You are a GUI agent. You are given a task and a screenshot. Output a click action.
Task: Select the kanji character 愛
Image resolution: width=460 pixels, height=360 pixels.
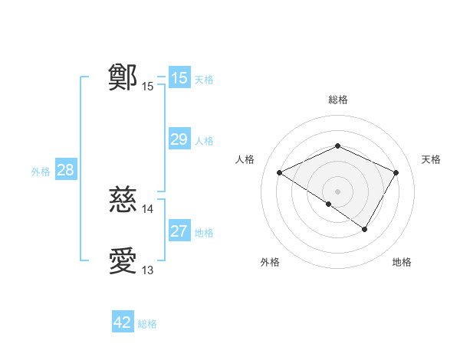pos(123,262)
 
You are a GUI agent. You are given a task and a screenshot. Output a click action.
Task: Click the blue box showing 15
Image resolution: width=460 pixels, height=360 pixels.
pos(179,78)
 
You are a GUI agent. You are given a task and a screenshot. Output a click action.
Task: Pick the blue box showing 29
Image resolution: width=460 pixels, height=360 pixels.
pos(179,139)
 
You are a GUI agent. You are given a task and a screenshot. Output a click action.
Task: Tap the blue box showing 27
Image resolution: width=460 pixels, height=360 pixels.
pos(179,231)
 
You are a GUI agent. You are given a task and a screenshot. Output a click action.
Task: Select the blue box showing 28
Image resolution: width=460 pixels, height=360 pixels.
pos(65,170)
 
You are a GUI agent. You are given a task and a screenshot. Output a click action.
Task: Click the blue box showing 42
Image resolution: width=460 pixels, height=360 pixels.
pos(123,322)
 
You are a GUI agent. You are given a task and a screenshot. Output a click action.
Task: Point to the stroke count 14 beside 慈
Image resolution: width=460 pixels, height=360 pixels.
pos(148,209)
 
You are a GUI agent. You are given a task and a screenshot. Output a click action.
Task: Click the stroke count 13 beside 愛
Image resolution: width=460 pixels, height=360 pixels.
pos(148,270)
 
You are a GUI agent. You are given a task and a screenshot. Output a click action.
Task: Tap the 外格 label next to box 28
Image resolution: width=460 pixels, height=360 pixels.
pos(41,172)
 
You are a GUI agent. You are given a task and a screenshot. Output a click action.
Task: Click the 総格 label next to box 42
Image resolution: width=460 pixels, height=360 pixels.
pos(147,324)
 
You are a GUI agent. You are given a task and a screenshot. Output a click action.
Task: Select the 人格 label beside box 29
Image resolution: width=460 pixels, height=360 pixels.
pos(204,141)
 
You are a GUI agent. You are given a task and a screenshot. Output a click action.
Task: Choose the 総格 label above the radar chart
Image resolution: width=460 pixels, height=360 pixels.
pos(337,100)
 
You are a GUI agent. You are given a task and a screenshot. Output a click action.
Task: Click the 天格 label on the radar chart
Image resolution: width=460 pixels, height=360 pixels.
pos(431,159)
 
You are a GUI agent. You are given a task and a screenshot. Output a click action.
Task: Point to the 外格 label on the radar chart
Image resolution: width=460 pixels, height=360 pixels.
pos(270,262)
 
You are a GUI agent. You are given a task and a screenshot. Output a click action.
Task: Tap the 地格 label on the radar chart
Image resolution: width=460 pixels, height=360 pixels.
pos(402,262)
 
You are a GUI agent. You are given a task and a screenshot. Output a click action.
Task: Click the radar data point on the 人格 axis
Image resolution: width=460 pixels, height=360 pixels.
pos(280,173)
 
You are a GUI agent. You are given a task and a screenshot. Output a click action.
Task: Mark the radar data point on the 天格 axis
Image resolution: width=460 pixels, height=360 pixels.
pos(396,173)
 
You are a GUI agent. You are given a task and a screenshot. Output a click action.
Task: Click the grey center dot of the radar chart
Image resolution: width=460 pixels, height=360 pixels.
pos(337,191)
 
